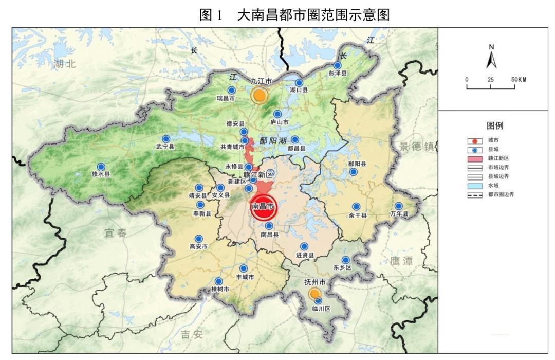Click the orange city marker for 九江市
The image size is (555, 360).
pos(260,95)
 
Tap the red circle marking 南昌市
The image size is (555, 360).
pos(263,206)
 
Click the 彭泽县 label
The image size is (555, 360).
pos(338,74)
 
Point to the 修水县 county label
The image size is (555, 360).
pos(101,174)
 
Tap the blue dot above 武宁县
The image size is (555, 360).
pos(166,139)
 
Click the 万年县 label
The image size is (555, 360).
pos(398,214)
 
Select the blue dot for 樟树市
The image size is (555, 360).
pos(219,281)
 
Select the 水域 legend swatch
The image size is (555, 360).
pos(475,186)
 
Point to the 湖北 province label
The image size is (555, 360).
pos(64,63)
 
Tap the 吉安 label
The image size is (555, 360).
pos(192,335)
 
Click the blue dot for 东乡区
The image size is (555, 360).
pos(346,260)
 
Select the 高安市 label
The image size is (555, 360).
pos(198,247)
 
